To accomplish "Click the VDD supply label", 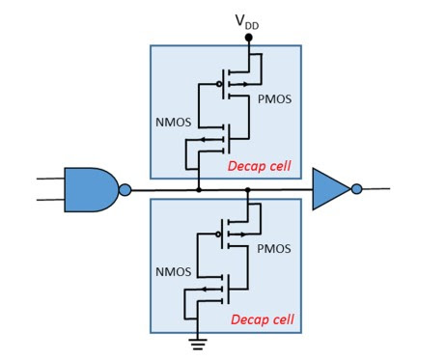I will pos(247,19).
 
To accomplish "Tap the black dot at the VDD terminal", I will pos(248,38).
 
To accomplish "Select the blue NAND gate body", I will pos(90,189).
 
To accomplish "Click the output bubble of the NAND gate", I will pos(125,189).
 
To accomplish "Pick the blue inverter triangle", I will pos(329,189).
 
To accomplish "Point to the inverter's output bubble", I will pos(356,189).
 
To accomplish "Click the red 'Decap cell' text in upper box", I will pos(260,166).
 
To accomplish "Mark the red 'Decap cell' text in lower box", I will pos(260,318).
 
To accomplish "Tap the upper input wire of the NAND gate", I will pos(49,179).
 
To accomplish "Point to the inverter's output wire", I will pos(376,189).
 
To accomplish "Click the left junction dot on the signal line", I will pos(198,189).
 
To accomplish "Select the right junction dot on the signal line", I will pos(248,189).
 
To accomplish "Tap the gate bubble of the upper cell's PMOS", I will pos(219,84).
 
